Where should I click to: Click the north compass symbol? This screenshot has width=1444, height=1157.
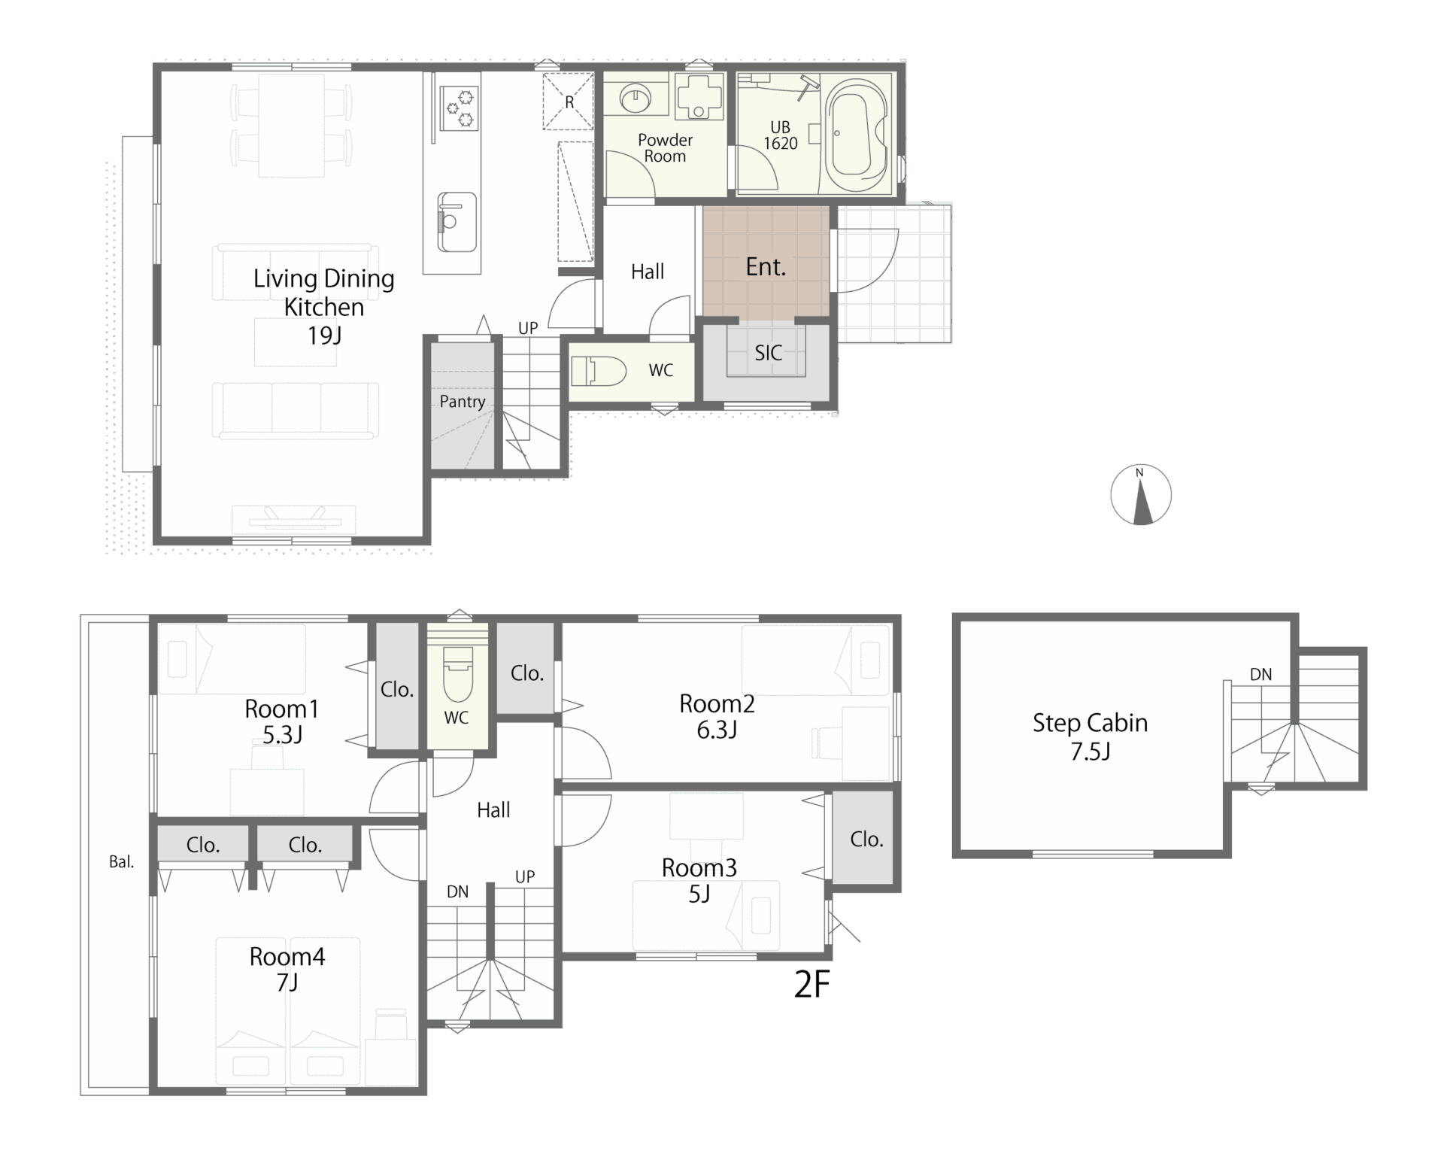1141,495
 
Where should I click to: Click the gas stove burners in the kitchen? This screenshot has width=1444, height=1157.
459,108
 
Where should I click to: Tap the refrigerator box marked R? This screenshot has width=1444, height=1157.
569,102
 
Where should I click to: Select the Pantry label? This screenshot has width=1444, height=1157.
463,402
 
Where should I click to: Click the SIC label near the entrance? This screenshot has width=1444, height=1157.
768,353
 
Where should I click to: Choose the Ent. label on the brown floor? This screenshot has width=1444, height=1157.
766,267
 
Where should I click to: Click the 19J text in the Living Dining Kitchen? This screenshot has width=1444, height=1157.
324,336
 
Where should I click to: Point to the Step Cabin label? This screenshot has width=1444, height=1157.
1090,723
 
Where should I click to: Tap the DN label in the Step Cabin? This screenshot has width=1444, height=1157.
1261,675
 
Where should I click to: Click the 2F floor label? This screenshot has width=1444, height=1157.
812,984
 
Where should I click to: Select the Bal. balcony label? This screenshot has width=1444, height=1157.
122,862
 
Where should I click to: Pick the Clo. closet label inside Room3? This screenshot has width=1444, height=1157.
866,840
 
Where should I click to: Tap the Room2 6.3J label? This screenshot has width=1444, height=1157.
717,717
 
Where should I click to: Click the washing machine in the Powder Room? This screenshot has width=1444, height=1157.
699,96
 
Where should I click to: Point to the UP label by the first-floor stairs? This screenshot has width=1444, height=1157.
528,328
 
